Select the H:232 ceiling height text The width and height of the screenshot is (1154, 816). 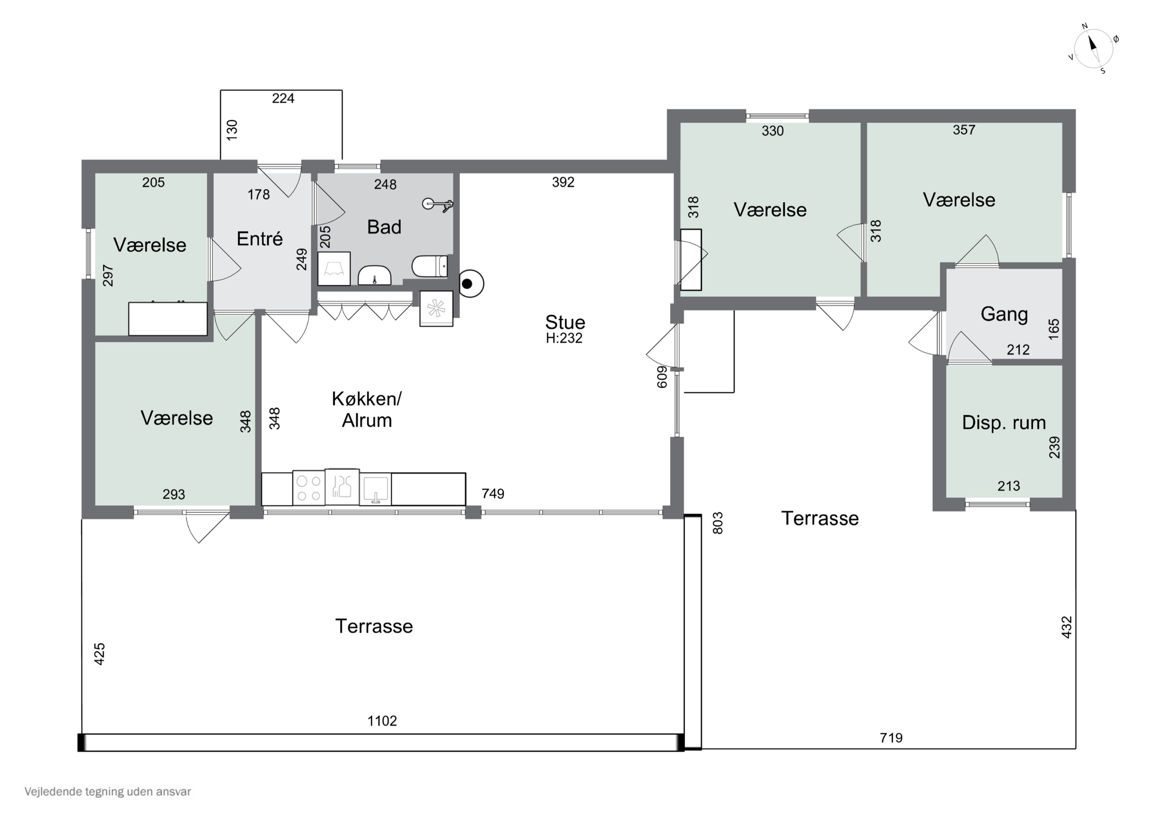(x=564, y=339)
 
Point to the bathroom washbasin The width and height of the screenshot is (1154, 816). (x=374, y=275)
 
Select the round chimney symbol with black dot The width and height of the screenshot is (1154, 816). (x=470, y=284)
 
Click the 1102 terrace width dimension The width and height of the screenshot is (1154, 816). (x=382, y=721)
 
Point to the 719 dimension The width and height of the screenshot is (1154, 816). (x=891, y=738)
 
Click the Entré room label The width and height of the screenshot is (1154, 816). (x=259, y=239)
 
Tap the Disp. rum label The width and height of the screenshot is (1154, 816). (x=1004, y=423)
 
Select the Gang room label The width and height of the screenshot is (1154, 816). (x=1004, y=314)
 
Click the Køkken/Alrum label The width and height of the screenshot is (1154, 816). (x=367, y=410)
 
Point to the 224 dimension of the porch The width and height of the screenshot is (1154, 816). (x=283, y=98)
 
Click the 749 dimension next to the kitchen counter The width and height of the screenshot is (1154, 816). (x=492, y=494)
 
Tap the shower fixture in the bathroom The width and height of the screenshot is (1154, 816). (x=438, y=204)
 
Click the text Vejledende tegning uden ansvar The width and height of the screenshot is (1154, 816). (x=108, y=792)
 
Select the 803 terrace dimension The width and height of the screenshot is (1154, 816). (x=718, y=523)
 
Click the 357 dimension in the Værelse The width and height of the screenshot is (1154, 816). (x=964, y=130)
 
